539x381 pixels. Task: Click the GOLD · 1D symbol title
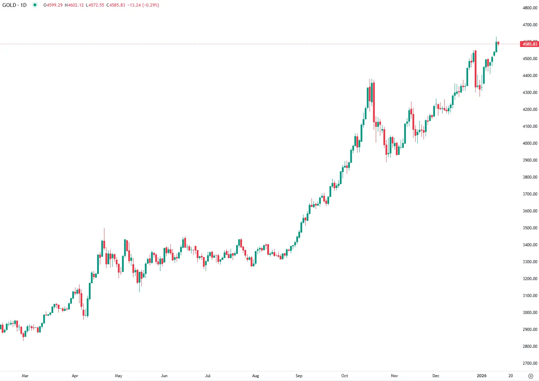[x=15, y=5]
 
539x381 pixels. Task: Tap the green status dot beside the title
[x=35, y=5]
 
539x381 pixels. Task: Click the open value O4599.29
[x=53, y=5]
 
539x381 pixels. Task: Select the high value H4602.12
[x=74, y=5]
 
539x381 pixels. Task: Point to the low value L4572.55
[x=95, y=5]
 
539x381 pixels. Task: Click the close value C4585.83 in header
[x=116, y=5]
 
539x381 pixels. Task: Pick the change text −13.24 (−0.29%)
[x=143, y=5]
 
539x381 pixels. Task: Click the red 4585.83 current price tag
[x=529, y=44]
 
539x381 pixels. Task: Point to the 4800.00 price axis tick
[x=530, y=8]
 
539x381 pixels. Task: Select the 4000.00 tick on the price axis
[x=530, y=143]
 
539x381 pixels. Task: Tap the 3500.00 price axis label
[x=530, y=228]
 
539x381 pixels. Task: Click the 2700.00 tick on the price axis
[x=530, y=363]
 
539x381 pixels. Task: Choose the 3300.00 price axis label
[x=530, y=262]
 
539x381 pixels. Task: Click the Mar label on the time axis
[x=25, y=376]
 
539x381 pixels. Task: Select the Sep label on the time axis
[x=299, y=376]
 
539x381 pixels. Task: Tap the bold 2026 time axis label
[x=481, y=376]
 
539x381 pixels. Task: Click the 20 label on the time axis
[x=510, y=376]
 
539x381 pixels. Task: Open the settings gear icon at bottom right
[x=531, y=376]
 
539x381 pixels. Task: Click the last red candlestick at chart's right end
[x=499, y=43]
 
